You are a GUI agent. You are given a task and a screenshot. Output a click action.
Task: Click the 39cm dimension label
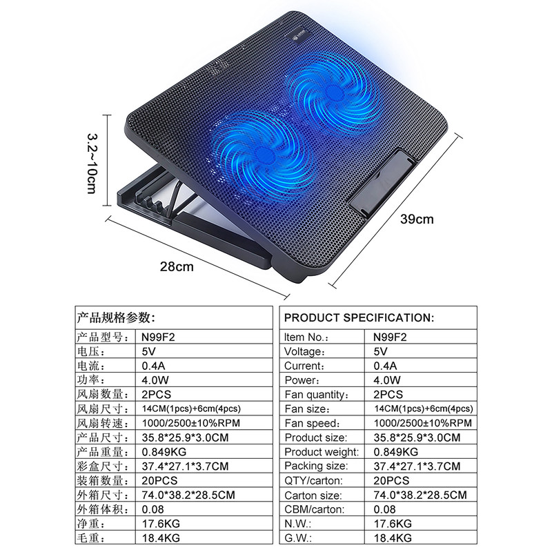tap(417, 219)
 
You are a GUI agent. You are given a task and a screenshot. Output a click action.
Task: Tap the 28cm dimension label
tap(177, 266)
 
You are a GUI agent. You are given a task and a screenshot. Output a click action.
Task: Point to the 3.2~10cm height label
tap(92, 164)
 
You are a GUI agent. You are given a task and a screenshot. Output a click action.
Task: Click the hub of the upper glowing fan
tap(334, 91)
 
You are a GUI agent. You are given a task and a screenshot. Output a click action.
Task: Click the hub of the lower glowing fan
tap(263, 154)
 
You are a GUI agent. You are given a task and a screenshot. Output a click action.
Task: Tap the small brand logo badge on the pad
tap(299, 36)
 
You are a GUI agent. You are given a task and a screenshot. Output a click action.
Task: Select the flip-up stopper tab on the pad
tap(382, 183)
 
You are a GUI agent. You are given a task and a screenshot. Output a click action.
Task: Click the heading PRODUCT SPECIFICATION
tap(359, 317)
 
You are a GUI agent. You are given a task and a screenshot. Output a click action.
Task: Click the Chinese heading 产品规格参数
tap(116, 317)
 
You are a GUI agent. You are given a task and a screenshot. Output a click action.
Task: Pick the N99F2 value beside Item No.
tap(390, 337)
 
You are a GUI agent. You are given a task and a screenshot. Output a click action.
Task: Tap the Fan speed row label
tap(313, 423)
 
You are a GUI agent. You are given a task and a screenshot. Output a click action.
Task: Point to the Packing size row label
tap(316, 466)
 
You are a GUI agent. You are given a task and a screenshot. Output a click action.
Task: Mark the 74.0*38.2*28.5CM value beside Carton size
tap(420, 495)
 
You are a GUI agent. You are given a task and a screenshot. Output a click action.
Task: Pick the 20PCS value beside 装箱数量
tap(159, 480)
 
